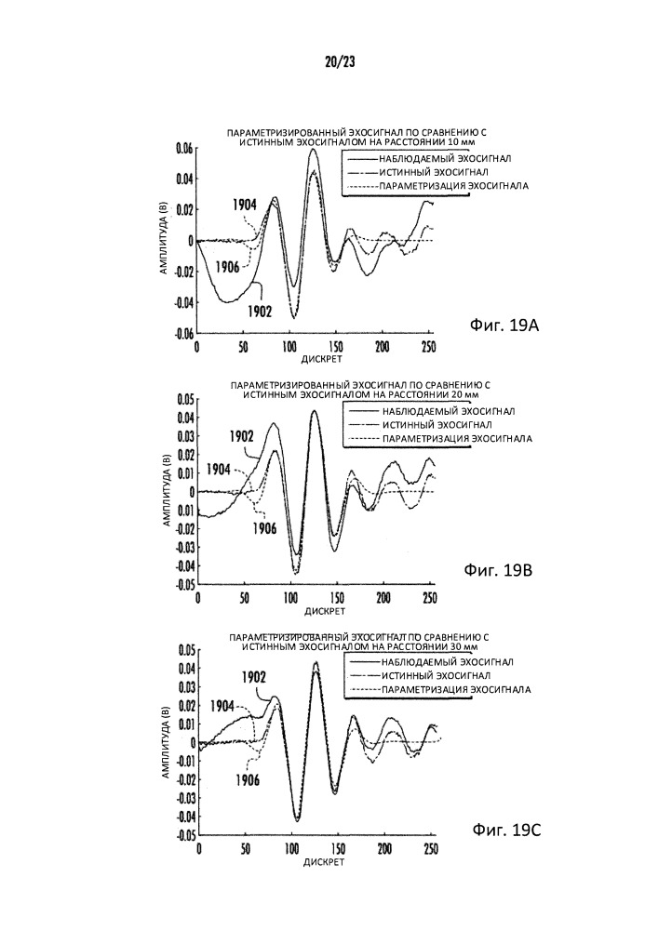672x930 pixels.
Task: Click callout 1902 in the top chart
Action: (x=260, y=312)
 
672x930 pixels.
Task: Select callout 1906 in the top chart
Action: (x=228, y=267)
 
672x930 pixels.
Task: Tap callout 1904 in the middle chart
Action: (x=220, y=469)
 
